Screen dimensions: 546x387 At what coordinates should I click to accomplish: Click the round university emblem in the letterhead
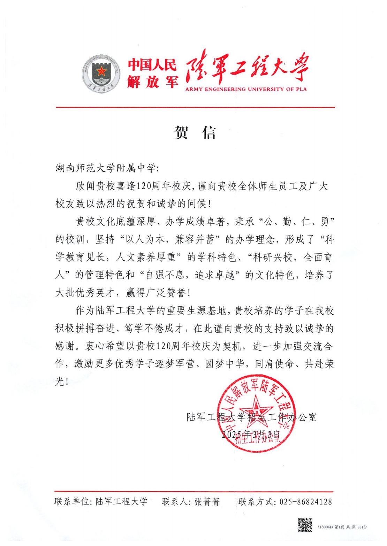pyautogui.click(x=101, y=74)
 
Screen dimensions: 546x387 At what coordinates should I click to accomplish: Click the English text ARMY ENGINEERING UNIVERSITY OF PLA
pyautogui.click(x=246, y=89)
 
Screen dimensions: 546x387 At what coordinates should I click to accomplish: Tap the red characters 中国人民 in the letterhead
pyautogui.click(x=152, y=65)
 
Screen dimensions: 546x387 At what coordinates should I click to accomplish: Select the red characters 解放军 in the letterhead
pyautogui.click(x=152, y=82)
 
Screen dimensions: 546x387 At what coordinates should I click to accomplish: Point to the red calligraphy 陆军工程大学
pyautogui.click(x=247, y=68)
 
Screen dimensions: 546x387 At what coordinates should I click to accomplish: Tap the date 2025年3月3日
pyautogui.click(x=251, y=434)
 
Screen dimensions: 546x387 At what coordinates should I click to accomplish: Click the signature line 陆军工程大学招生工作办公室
pyautogui.click(x=251, y=417)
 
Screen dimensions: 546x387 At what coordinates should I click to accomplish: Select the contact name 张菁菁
pyautogui.click(x=207, y=502)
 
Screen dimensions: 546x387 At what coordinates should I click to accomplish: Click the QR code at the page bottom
pyautogui.click(x=305, y=525)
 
